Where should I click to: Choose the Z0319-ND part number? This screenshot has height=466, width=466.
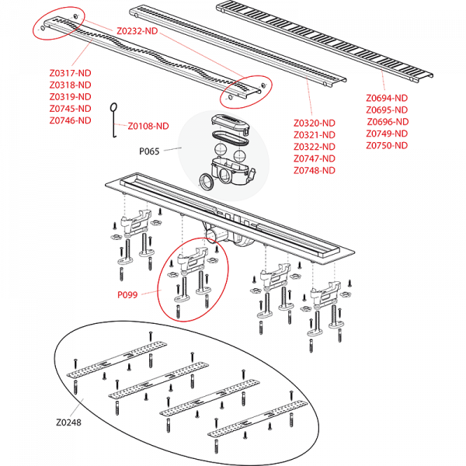tap(69, 97)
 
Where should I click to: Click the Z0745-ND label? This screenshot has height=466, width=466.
tap(69, 109)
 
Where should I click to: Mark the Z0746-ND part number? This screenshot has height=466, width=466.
tap(69, 120)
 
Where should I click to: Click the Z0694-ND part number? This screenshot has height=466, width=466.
tap(387, 99)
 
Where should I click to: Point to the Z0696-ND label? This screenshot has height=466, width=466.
tap(387, 122)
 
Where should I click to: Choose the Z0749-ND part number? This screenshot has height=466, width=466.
tap(387, 134)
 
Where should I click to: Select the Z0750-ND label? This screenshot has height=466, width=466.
tap(387, 145)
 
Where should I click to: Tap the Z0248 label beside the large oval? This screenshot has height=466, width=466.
tap(69, 423)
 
